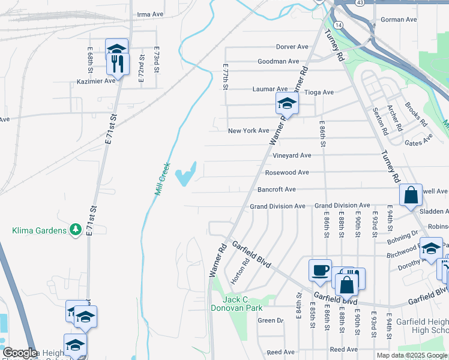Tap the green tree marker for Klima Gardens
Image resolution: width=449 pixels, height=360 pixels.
[x=75, y=229]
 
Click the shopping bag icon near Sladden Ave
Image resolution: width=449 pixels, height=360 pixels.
[x=411, y=195]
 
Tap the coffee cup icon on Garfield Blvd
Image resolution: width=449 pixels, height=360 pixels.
[x=320, y=270]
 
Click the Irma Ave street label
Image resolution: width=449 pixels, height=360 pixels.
[x=150, y=14]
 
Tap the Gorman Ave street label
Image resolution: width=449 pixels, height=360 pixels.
[x=399, y=20]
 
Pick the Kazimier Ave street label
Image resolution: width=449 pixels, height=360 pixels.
[x=95, y=81]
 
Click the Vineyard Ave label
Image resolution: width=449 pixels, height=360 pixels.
[x=292, y=155]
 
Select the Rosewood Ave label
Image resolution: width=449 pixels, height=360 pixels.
[x=287, y=172]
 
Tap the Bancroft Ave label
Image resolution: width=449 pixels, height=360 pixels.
[x=277, y=190]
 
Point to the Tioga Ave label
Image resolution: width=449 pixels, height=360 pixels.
[x=319, y=92]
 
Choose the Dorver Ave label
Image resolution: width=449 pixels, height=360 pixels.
[x=292, y=47]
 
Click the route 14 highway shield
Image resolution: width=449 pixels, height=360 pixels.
[x=339, y=25]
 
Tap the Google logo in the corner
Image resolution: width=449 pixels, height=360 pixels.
[x=20, y=353]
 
